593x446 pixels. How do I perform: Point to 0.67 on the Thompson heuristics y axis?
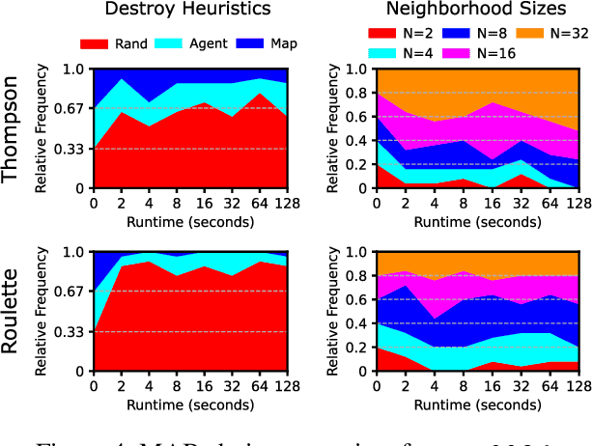point(72,109)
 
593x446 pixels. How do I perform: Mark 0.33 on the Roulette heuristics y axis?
point(72,331)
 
